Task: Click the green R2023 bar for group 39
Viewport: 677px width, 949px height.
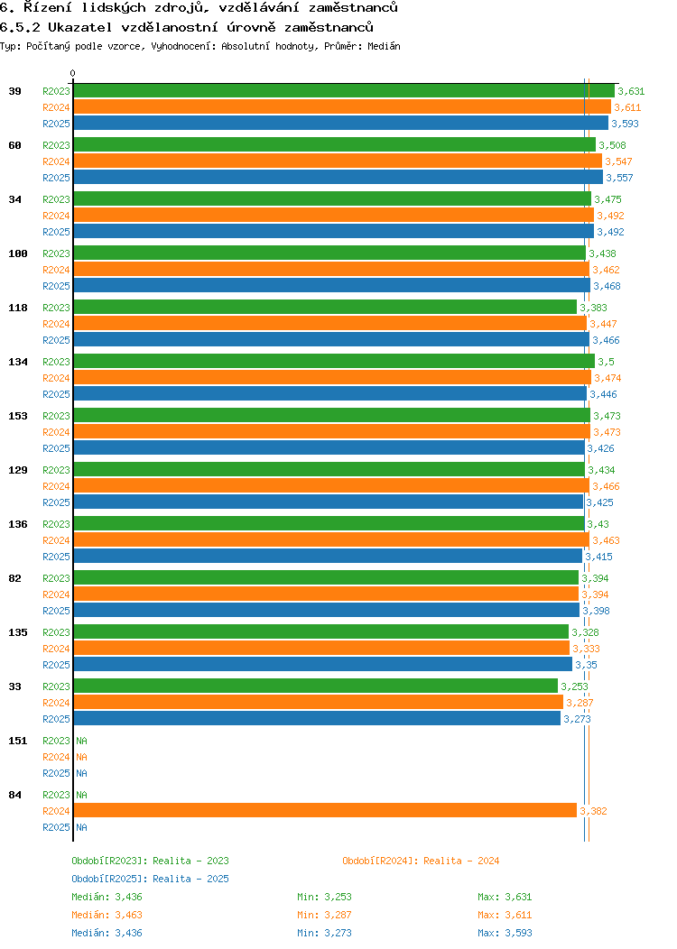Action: pos(343,91)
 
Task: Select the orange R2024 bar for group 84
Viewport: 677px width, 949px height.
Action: pos(325,811)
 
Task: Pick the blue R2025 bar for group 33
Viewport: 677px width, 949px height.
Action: pos(316,719)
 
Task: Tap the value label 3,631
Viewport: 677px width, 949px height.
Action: pos(631,91)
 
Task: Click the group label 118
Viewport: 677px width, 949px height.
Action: pos(18,308)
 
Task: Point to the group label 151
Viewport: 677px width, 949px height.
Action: pos(18,741)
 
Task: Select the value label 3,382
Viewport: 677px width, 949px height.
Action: pos(593,811)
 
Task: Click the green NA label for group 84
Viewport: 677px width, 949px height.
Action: pos(81,795)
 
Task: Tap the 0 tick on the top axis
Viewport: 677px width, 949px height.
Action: pos(73,74)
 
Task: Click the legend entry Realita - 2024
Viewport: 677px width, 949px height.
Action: pos(421,861)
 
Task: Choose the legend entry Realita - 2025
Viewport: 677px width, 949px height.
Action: pos(150,879)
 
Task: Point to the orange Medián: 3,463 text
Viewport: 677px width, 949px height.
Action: pos(107,915)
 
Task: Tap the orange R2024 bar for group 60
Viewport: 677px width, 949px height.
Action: pos(337,161)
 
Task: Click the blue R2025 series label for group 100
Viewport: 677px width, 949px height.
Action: pos(56,286)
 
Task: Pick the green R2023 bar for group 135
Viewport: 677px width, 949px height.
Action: pos(320,632)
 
